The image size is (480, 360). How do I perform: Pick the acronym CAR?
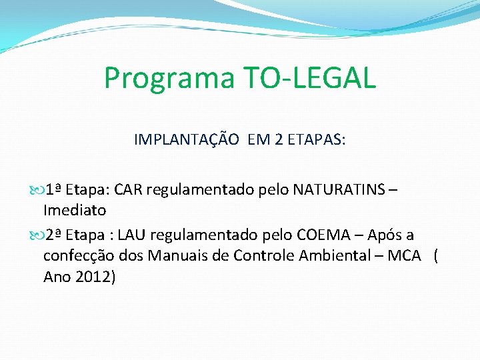pyautogui.click(x=128, y=190)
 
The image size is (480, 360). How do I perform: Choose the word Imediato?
pyautogui.click(x=75, y=211)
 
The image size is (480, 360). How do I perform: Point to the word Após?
pyautogui.click(x=385, y=235)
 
